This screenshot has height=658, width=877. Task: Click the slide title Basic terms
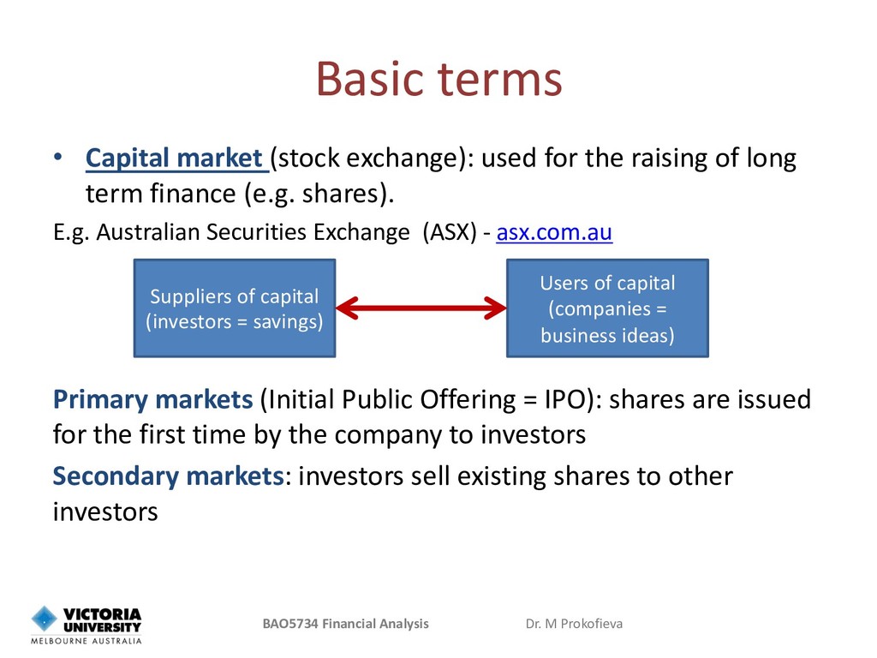pyautogui.click(x=439, y=79)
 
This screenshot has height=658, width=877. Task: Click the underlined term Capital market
pyautogui.click(x=174, y=159)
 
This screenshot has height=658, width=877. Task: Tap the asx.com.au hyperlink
pyautogui.click(x=554, y=232)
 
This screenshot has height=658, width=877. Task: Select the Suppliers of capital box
pyautogui.click(x=235, y=308)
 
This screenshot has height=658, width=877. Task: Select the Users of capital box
pyautogui.click(x=607, y=308)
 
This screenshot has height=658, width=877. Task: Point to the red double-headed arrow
pyautogui.click(x=421, y=308)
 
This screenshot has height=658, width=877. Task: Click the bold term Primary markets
pyautogui.click(x=152, y=399)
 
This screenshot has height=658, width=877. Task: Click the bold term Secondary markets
pyautogui.click(x=169, y=476)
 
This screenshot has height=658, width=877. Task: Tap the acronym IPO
pyautogui.click(x=568, y=399)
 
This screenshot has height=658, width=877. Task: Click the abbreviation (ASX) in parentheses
pyautogui.click(x=450, y=232)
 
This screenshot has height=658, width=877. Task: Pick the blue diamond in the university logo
pyautogui.click(x=45, y=619)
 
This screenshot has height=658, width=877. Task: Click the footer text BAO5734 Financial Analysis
pyautogui.click(x=346, y=624)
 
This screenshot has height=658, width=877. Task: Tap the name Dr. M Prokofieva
pyautogui.click(x=574, y=624)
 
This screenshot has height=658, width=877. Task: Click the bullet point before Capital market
pyautogui.click(x=58, y=158)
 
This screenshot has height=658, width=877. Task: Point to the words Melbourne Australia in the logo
pyautogui.click(x=87, y=641)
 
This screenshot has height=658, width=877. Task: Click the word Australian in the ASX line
pyautogui.click(x=148, y=232)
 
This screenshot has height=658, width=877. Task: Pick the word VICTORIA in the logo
pyautogui.click(x=102, y=614)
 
